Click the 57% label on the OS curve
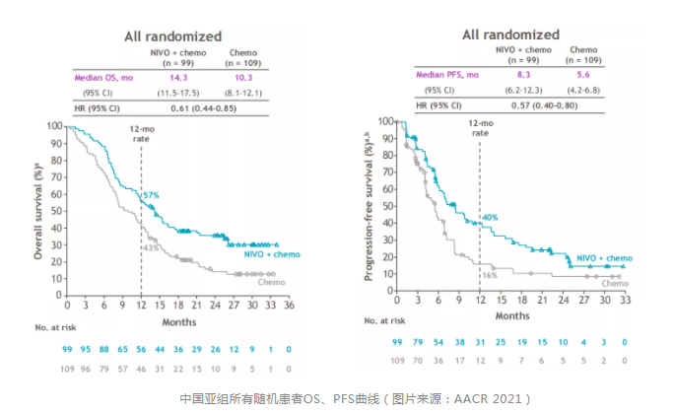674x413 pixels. click(151, 195)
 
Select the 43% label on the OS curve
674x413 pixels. click(150, 248)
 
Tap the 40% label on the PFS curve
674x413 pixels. click(489, 216)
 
